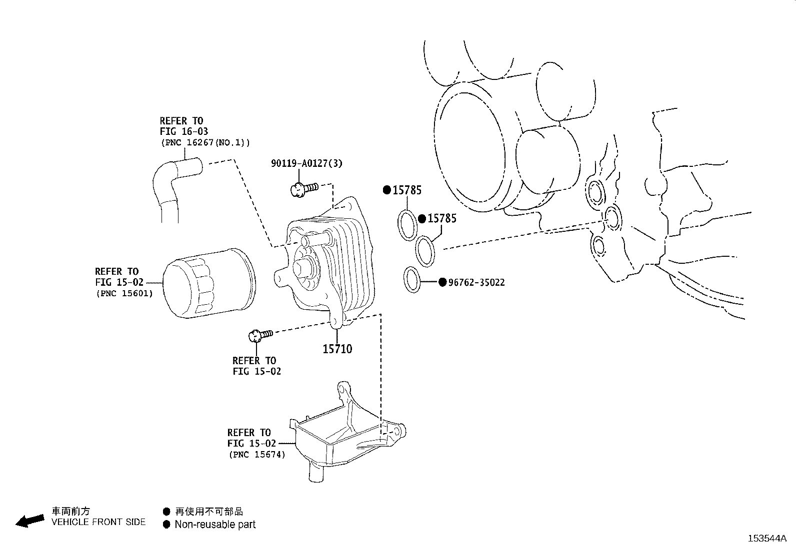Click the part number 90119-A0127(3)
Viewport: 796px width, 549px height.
point(306,163)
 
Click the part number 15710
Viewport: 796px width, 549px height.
point(337,349)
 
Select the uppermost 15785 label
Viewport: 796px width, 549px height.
point(406,190)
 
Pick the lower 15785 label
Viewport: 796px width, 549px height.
point(442,218)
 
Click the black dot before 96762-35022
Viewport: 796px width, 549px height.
point(442,282)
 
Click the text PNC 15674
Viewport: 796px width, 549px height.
point(257,455)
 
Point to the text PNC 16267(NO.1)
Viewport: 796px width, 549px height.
point(205,143)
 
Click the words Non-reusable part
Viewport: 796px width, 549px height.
point(215,525)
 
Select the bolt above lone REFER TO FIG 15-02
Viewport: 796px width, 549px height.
point(259,335)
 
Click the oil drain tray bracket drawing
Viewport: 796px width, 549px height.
point(345,435)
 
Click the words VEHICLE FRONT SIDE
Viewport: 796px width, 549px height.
point(98,522)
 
